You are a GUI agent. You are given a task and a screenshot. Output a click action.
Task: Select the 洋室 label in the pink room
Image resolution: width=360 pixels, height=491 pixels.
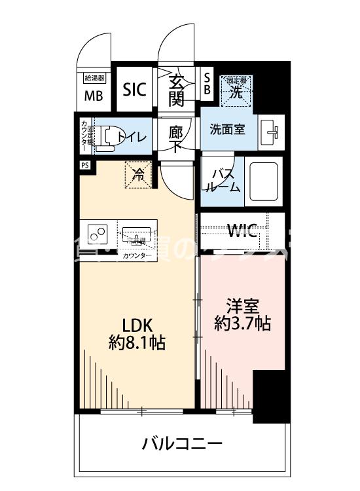[x=243, y=306]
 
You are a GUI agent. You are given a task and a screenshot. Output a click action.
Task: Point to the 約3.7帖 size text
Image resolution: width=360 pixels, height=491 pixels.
[x=243, y=323]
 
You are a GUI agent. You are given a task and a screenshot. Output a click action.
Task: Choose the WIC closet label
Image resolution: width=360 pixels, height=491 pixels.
[x=242, y=230]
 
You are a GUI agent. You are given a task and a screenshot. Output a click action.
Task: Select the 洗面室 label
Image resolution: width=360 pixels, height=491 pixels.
[x=227, y=129]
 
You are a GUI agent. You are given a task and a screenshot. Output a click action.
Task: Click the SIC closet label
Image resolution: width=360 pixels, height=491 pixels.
[x=135, y=90]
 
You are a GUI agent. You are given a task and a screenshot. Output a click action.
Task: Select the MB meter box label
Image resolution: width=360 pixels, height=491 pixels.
[x=93, y=96]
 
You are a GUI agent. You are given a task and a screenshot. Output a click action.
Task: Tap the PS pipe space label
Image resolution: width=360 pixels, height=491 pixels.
[x=84, y=165]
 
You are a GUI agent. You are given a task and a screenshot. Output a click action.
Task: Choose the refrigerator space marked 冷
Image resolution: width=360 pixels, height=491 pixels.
[x=139, y=175]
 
